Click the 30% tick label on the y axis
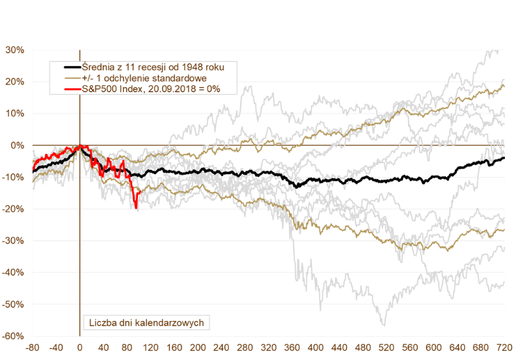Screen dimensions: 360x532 tap(15, 50)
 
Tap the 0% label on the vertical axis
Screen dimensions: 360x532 tap(17, 145)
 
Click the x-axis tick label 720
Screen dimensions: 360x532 tap(504, 347)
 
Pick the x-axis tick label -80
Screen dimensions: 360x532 tap(33, 347)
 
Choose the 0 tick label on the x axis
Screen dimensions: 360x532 tap(80, 347)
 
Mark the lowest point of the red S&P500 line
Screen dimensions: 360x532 tap(136, 209)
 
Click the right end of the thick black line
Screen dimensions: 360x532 tap(504, 158)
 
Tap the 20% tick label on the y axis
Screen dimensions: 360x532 tap(15, 82)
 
